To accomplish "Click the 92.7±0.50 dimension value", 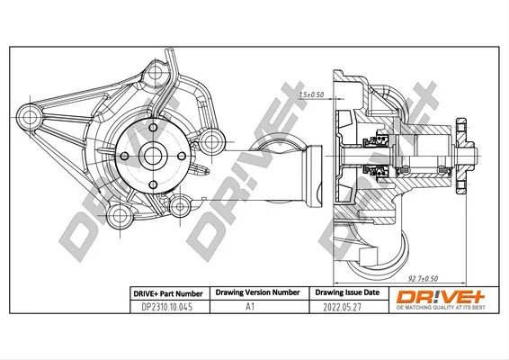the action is tap(423, 278).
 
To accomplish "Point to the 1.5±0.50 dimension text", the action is tap(311, 94).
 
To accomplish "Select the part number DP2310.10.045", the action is tap(167, 307).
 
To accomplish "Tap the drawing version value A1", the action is tap(250, 306).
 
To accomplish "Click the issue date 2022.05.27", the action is tap(342, 307).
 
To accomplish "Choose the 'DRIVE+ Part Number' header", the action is tap(168, 293).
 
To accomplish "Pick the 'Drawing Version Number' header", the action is tap(257, 292).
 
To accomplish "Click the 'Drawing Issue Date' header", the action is tap(347, 292).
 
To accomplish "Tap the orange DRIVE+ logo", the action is tap(440, 297).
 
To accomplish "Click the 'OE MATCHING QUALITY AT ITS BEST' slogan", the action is tap(441, 308).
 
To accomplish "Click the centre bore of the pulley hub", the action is tap(153, 156).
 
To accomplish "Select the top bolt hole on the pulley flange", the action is tap(153, 128).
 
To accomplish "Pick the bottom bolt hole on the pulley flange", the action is tap(153, 184).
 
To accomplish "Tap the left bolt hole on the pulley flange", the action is tap(124, 157).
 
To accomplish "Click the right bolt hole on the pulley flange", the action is tap(182, 157).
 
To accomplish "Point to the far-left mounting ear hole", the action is tap(30, 117).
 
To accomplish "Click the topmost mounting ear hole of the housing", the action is tap(156, 71).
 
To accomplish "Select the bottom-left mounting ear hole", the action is tap(120, 215).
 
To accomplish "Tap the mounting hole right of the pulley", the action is tap(211, 141).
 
